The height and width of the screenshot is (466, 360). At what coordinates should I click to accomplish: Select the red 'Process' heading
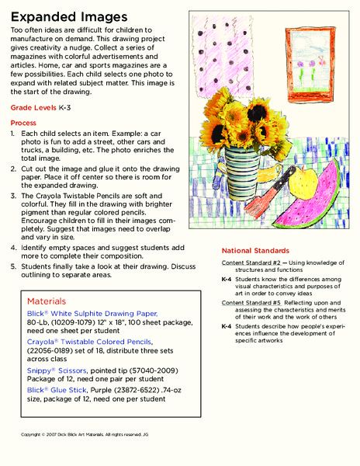coord(26,123)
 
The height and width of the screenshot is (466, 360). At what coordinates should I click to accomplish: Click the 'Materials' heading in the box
coord(47,300)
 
